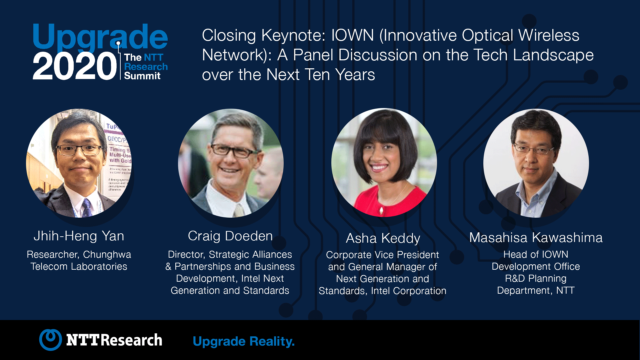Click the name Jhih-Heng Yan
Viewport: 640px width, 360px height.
(x=79, y=236)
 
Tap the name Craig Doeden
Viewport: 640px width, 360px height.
(x=230, y=236)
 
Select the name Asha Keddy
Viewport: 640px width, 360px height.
(x=383, y=238)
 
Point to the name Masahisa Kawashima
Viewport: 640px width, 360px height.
(x=536, y=238)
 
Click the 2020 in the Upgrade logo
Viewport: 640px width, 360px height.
(x=75, y=66)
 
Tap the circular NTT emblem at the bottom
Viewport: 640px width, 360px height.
(x=51, y=340)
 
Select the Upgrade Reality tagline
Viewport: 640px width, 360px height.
(x=244, y=342)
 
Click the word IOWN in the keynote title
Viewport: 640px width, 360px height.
(x=352, y=35)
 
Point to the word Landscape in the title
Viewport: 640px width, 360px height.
(x=553, y=55)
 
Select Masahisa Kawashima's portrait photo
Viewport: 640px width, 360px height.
(x=536, y=163)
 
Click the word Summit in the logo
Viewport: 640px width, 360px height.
(x=142, y=76)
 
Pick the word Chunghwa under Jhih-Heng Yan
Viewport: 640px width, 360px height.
(x=107, y=255)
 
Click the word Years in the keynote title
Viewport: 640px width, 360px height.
(x=355, y=75)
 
